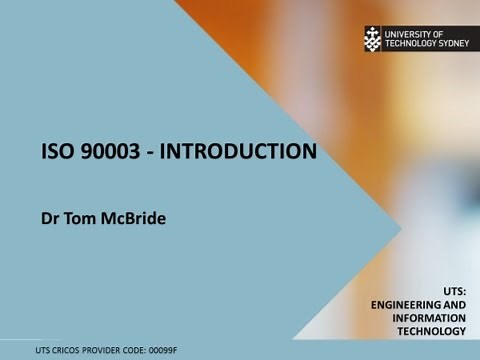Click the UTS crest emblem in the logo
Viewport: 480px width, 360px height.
coord(373,39)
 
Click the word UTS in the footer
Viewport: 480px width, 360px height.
coord(43,350)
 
